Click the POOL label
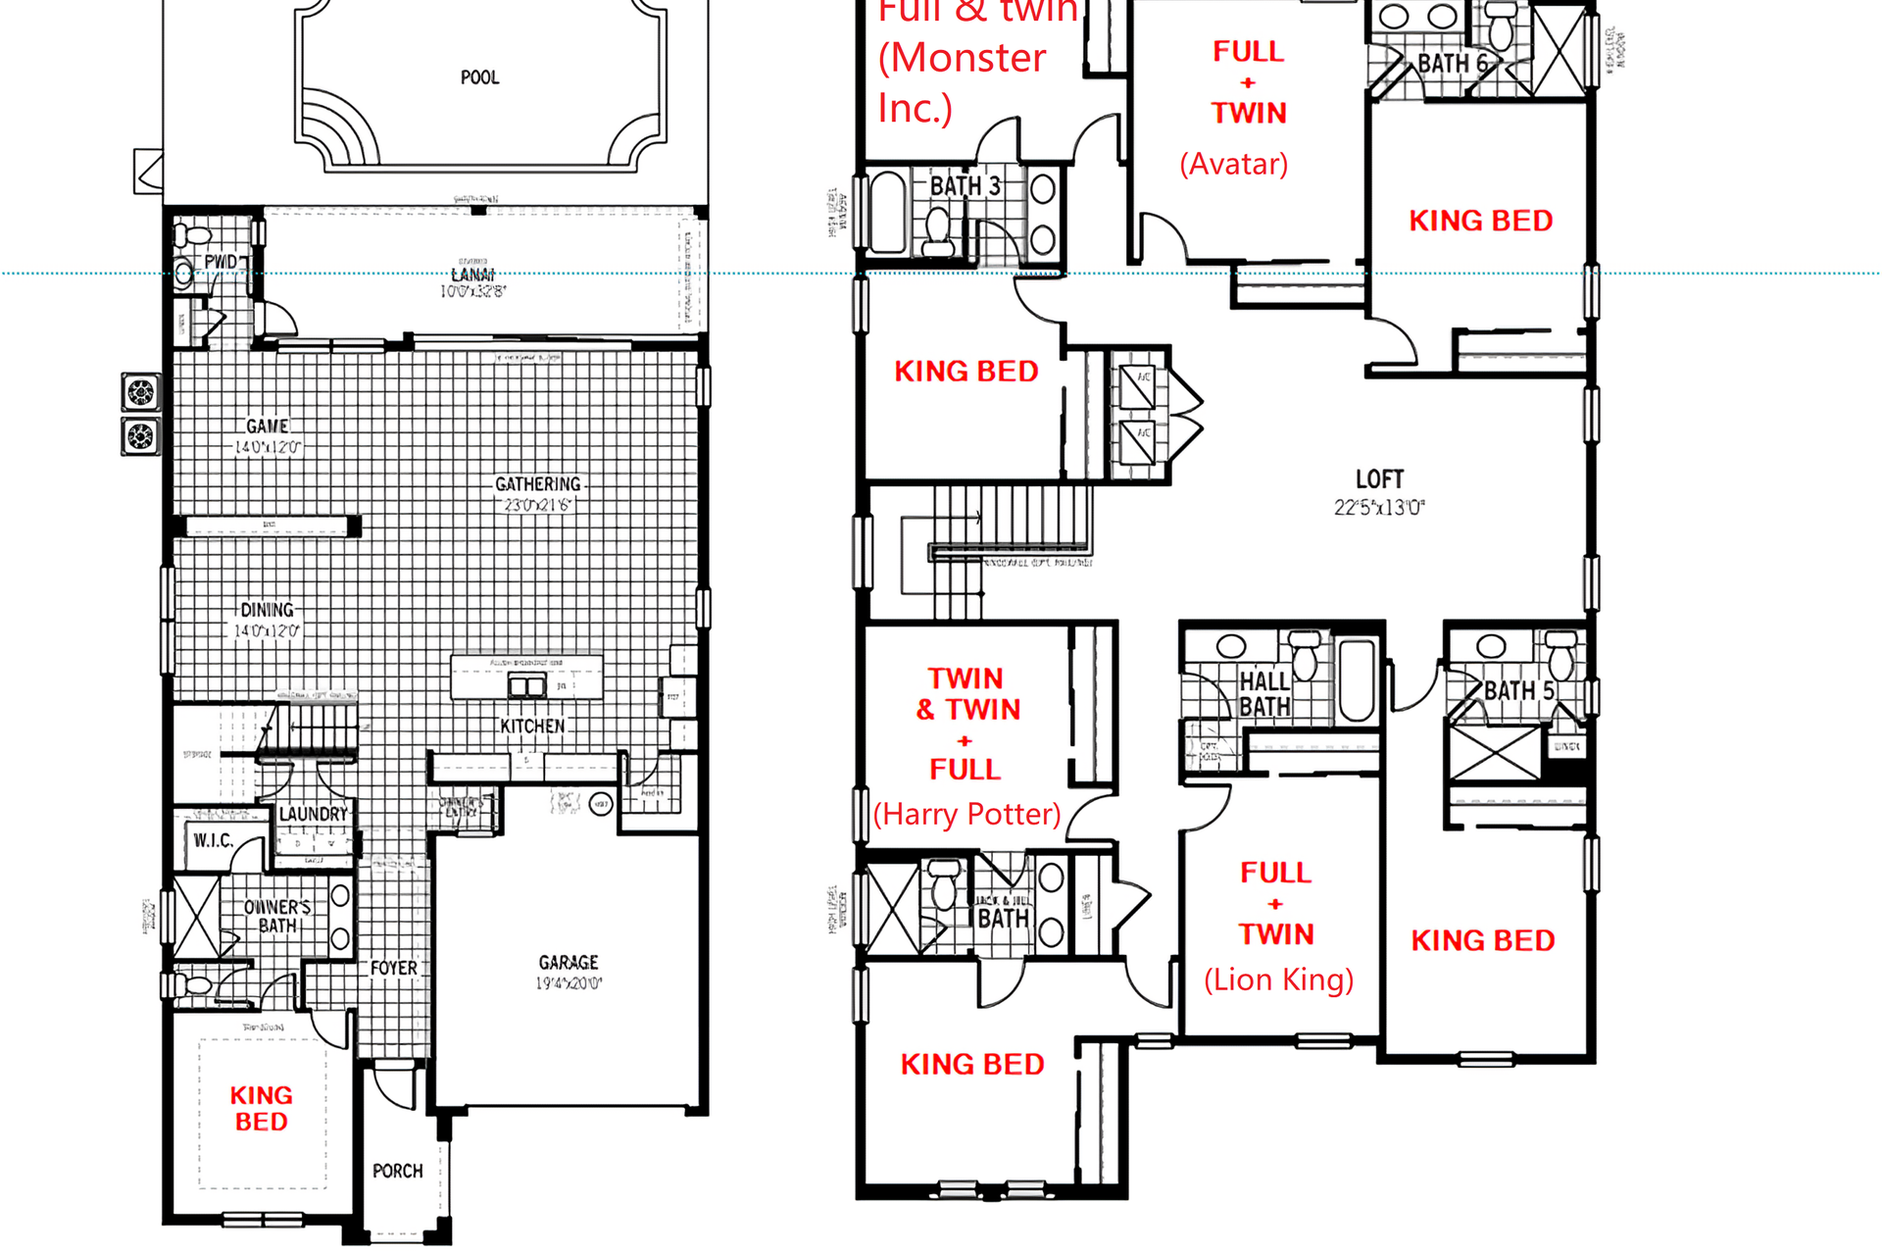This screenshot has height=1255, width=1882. pos(479,77)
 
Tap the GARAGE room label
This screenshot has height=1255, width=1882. pos(569,963)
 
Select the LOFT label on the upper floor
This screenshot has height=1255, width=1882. pos(1379,479)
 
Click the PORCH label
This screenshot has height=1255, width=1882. pos(397,1171)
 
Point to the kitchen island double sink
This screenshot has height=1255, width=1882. pos(526,685)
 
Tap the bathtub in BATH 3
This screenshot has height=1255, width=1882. pos(888,212)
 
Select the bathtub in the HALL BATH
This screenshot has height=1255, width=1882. pos(1357,679)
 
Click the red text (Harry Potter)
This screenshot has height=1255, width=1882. pos(966,814)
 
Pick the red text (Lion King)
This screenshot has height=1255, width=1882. pos(1278,979)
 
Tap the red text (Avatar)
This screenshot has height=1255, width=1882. pos(1233,164)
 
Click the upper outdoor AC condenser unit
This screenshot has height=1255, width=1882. pos(140,392)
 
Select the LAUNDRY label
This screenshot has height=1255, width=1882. pos(313,814)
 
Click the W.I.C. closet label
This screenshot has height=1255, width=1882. pos(213,840)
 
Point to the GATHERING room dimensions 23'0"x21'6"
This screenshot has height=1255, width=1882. pos(536,505)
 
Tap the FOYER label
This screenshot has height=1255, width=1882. pos(393,968)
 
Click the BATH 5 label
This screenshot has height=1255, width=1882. pos(1518,690)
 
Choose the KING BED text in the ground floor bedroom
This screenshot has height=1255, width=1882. pos(261,1108)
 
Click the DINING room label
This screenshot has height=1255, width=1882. pos(267,610)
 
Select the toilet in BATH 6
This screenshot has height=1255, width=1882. pos(1501,25)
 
